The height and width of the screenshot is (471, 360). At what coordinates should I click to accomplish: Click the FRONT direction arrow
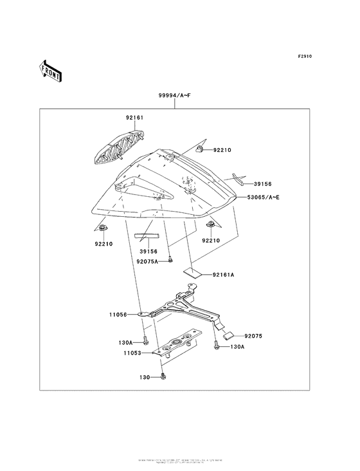[50, 70]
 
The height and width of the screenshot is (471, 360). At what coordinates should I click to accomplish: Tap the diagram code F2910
[305, 57]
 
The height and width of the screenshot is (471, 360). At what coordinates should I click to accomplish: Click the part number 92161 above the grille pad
[134, 118]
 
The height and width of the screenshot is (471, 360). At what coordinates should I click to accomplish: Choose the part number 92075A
[147, 261]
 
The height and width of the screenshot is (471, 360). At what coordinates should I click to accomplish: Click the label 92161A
[224, 275]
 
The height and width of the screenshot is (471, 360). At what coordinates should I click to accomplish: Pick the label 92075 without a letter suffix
[254, 335]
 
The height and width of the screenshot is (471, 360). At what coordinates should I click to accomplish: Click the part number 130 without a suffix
[146, 378]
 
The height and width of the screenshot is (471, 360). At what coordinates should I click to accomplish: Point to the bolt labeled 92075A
[170, 259]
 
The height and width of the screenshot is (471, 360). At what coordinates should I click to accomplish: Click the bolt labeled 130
[165, 376]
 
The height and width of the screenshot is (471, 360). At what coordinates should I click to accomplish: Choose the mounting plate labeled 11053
[177, 344]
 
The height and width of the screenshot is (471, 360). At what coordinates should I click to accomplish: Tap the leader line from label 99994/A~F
[175, 105]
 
